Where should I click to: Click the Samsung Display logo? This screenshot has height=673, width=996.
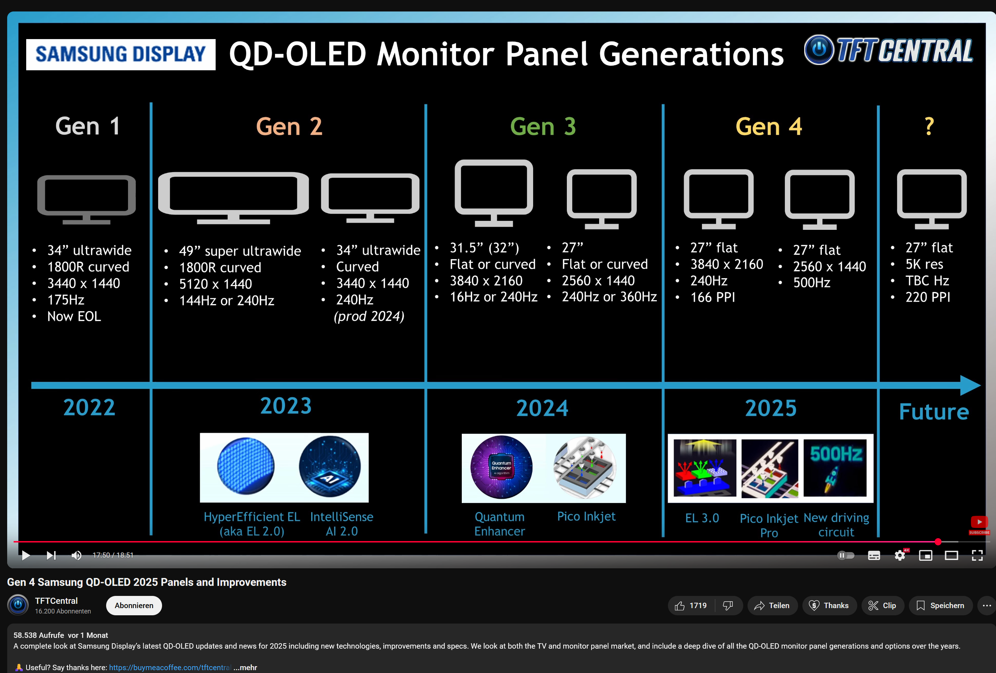click(x=120, y=54)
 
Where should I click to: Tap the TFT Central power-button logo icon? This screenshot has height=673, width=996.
click(x=819, y=50)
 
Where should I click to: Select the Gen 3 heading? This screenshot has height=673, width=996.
click(x=543, y=127)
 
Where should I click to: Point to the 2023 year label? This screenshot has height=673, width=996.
click(x=286, y=406)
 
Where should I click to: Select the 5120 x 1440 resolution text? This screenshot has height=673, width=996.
click(x=215, y=284)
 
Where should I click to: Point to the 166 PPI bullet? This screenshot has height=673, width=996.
click(x=712, y=297)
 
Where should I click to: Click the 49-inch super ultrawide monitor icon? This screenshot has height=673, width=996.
click(x=233, y=198)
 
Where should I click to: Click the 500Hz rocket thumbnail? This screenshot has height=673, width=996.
click(x=835, y=468)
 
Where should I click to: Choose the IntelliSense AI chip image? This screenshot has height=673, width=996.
click(x=329, y=466)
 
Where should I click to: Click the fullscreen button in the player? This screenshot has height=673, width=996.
click(x=977, y=555)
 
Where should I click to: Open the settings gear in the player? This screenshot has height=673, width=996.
click(x=900, y=555)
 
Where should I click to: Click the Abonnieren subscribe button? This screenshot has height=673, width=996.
click(x=134, y=605)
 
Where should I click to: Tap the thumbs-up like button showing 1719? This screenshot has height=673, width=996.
click(x=691, y=605)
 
